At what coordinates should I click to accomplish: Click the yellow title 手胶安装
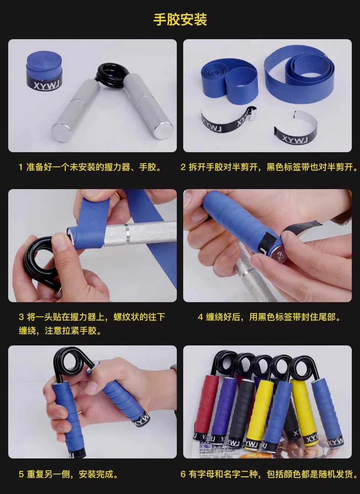(180, 19)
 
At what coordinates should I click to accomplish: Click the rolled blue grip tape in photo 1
(44, 70)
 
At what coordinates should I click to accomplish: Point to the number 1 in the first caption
(21, 167)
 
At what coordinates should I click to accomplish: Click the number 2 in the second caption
(183, 167)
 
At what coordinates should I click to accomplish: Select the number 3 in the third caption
(21, 317)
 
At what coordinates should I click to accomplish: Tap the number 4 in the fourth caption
(201, 317)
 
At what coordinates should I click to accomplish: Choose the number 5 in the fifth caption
(21, 474)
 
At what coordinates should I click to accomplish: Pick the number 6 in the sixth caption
(183, 474)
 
